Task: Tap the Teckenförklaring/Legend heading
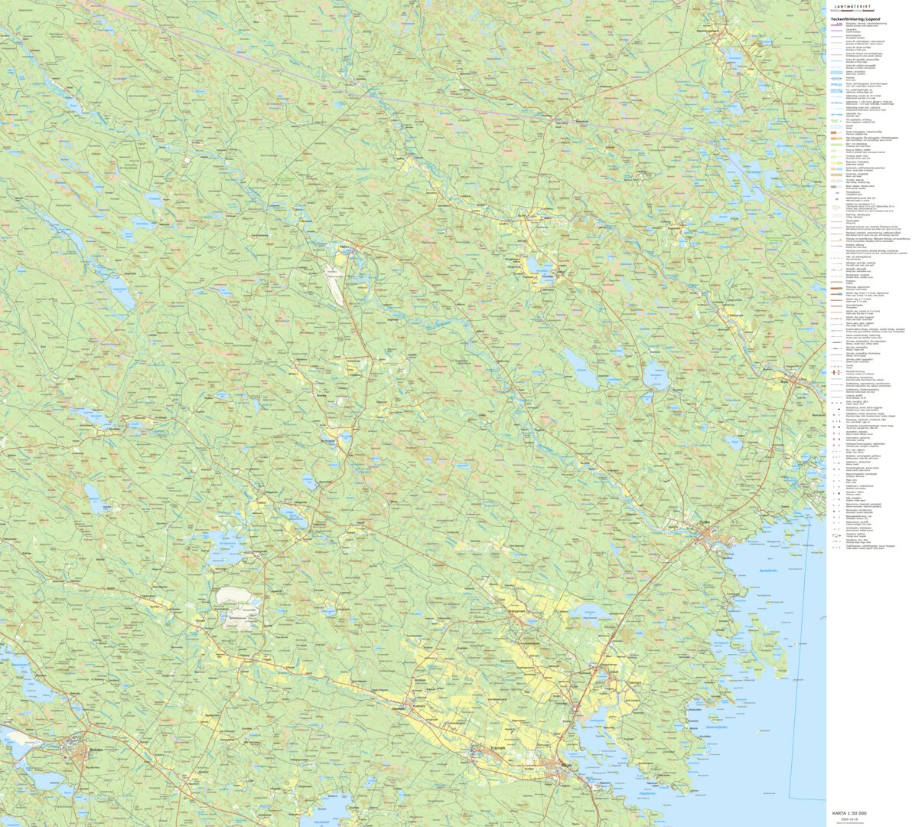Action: click(855, 18)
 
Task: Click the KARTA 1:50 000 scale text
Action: click(849, 812)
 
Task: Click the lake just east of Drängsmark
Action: click(586, 611)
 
